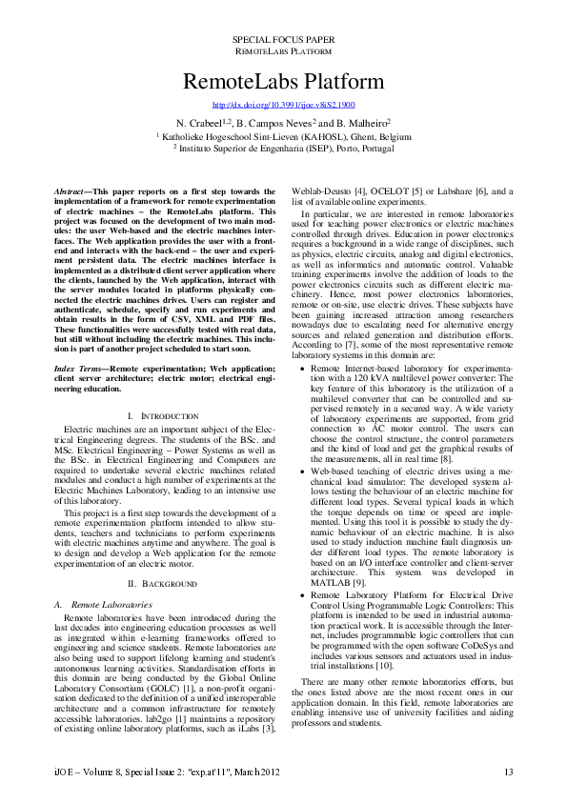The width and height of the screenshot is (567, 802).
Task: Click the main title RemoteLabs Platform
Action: pos(283,80)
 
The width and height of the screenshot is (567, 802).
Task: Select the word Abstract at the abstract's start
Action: pos(71,191)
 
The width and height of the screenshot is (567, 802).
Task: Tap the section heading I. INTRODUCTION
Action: pos(163,416)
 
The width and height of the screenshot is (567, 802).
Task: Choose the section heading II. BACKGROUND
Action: pos(163,582)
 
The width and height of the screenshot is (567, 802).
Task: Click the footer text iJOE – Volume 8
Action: pos(95,771)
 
